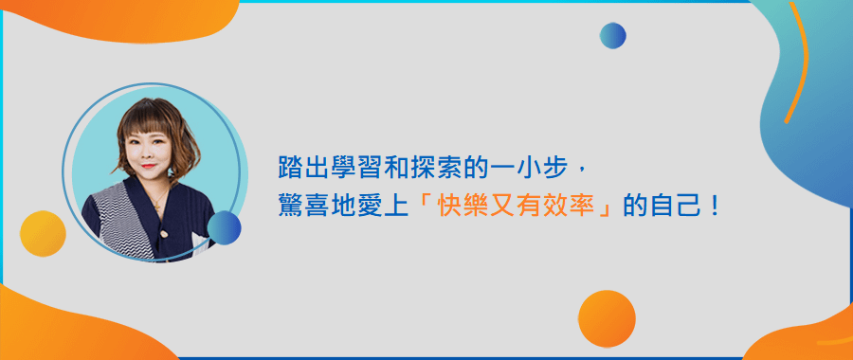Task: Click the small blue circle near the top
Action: (x=612, y=35)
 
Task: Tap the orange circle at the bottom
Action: (x=607, y=318)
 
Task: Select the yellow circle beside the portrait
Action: (x=43, y=233)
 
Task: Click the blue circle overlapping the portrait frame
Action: (x=224, y=228)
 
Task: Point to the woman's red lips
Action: (x=148, y=166)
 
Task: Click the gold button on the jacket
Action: (x=163, y=234)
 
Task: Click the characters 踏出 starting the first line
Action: (x=299, y=168)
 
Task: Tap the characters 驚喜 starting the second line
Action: (x=299, y=207)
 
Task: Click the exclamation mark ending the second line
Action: (x=714, y=207)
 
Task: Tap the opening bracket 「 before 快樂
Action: (x=426, y=204)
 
